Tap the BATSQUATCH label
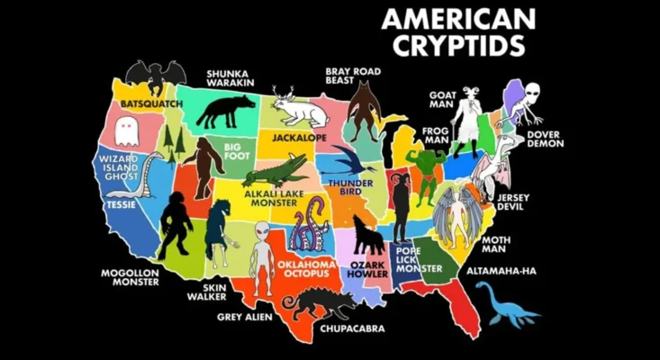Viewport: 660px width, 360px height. (x=151, y=103)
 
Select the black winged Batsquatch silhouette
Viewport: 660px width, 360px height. (x=156, y=76)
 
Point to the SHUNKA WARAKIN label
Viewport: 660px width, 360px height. (x=231, y=78)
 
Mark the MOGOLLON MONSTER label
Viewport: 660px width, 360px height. (x=129, y=276)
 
